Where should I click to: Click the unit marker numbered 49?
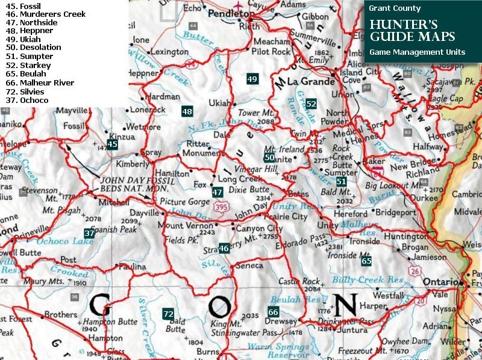pos(252,79)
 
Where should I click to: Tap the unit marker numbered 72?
pos(168,314)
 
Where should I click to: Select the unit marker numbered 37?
pos(89,233)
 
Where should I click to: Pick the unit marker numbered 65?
pos(366,261)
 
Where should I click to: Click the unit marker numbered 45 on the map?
pos(112,144)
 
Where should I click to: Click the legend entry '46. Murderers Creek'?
pos(45,14)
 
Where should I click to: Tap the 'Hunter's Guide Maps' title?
pos(413,31)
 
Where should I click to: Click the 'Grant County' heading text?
pos(395,8)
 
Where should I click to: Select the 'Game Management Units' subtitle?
pos(417,52)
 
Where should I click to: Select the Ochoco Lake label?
pos(66,241)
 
